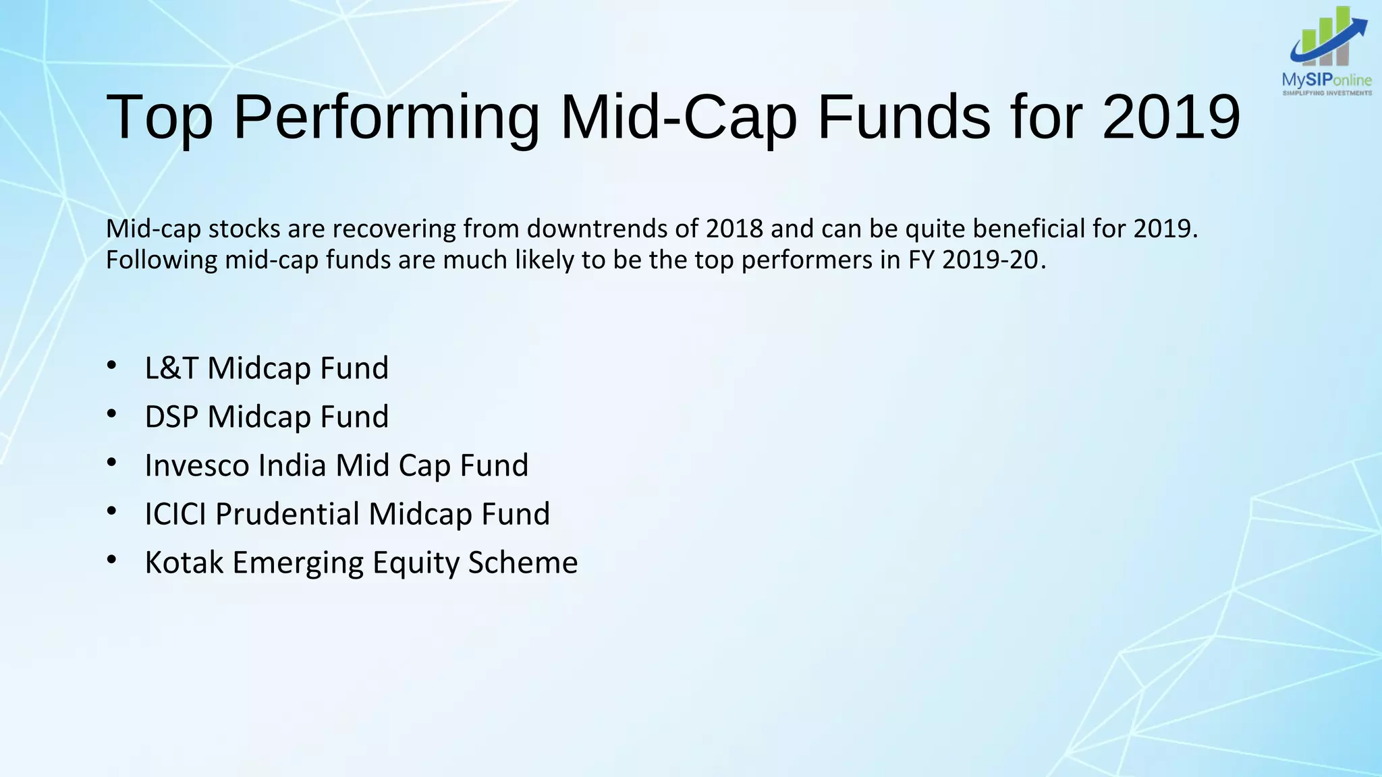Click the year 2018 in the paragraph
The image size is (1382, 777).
[734, 229]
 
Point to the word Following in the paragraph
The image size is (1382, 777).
[161, 260]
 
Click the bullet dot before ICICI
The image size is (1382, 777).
[112, 512]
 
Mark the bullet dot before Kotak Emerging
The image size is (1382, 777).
[112, 560]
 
